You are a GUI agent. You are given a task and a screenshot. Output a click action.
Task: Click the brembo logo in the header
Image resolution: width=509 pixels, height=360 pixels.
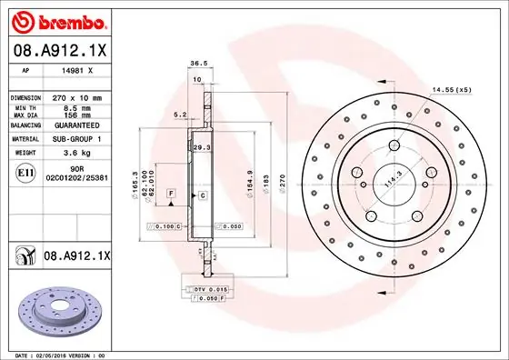[59, 19]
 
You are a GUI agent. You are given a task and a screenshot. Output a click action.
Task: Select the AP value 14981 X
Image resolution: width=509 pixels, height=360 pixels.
[76, 70]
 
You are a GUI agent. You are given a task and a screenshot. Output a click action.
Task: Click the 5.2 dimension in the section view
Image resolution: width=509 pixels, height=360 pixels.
[179, 115]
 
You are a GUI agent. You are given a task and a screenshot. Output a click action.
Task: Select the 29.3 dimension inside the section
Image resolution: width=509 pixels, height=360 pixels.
[202, 146]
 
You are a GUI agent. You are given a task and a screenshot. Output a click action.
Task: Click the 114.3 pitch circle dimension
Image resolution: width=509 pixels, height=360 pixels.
[394, 179]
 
